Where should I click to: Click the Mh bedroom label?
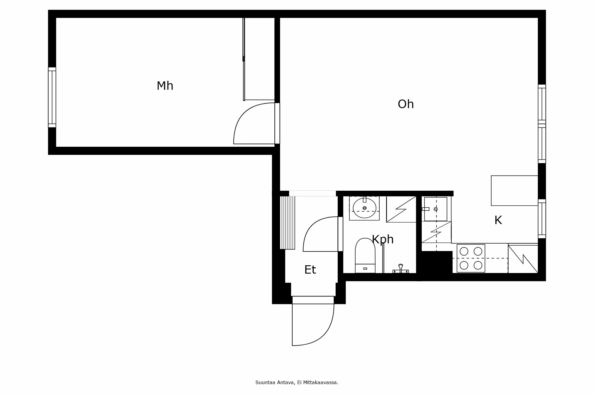[165, 86]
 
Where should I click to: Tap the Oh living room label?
[406, 104]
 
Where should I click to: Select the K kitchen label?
[498, 220]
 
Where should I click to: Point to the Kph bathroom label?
[383, 239]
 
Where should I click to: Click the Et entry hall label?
[310, 270]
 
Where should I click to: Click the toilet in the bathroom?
[365, 255]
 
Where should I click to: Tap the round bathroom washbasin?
[364, 208]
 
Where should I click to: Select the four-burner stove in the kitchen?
[471, 258]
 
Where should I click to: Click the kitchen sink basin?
[435, 209]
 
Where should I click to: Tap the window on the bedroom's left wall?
[52, 97]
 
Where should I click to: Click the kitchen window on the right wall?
[542, 219]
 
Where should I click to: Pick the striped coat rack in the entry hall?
[287, 223]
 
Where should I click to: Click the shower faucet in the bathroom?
[401, 269]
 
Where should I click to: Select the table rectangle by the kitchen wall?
[514, 190]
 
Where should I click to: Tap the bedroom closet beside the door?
[259, 59]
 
